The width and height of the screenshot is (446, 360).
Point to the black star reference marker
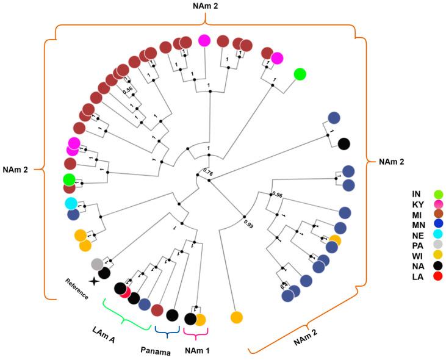click(93, 281)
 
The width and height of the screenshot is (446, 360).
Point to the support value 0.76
click(208, 171)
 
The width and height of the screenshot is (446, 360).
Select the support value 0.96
click(277, 196)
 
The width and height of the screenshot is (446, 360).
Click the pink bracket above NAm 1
click(196, 334)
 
